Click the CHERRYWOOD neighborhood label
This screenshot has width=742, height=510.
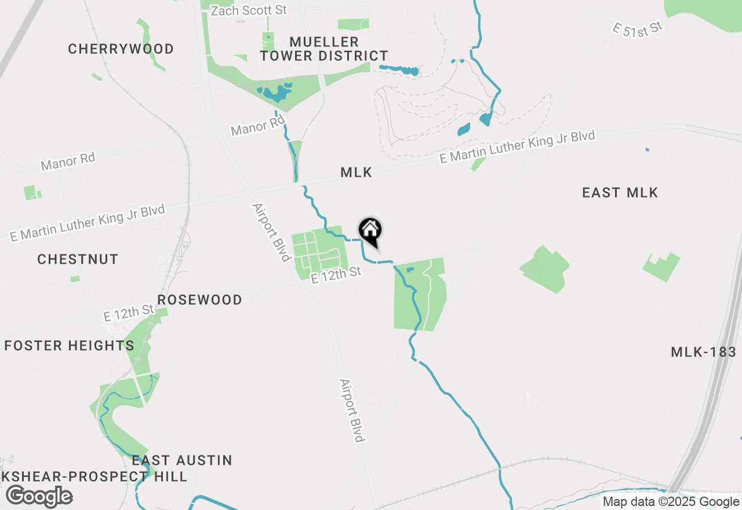click(121, 49)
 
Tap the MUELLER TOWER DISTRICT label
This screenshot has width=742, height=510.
click(324, 49)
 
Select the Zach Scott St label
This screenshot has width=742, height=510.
click(249, 10)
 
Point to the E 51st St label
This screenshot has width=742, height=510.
click(637, 28)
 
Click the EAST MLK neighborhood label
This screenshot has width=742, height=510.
click(620, 193)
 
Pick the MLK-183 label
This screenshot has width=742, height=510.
click(703, 352)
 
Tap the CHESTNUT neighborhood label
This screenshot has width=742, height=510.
click(78, 259)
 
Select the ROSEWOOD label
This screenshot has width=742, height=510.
click(199, 300)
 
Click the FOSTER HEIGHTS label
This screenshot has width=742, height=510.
click(69, 346)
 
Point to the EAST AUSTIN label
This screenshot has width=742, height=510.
click(182, 460)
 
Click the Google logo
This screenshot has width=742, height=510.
click(39, 496)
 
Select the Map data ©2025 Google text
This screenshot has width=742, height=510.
click(671, 502)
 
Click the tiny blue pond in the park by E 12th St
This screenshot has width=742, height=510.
click(410, 269)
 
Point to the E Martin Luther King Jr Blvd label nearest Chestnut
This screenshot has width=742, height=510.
click(88, 223)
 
